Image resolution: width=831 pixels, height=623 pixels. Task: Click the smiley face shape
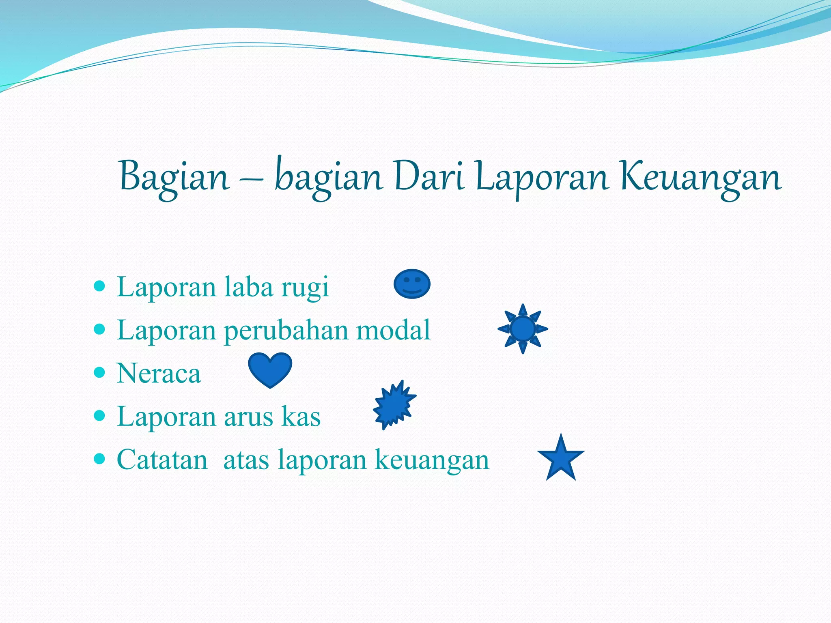(x=412, y=284)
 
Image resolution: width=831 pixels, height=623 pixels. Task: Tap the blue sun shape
(x=523, y=329)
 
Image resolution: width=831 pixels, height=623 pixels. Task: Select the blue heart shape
(x=270, y=368)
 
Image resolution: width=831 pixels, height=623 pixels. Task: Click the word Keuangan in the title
(x=700, y=177)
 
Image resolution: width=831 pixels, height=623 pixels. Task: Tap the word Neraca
(x=159, y=373)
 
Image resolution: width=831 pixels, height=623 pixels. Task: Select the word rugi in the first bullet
(x=305, y=287)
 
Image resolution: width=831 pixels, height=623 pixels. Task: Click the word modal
(x=393, y=330)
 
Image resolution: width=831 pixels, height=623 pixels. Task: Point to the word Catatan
(x=162, y=460)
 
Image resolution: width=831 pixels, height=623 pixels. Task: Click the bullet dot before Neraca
(x=99, y=372)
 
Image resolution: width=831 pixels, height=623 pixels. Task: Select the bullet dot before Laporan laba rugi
(x=99, y=286)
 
